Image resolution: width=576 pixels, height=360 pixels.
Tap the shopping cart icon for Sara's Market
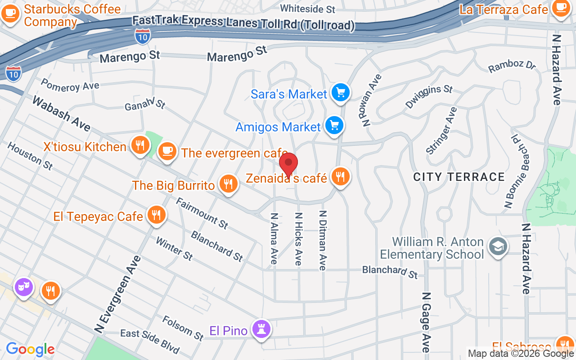click(x=340, y=93)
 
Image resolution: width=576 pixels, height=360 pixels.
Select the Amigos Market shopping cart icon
click(x=334, y=126)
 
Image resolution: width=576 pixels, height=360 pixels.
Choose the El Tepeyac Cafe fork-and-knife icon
click(x=156, y=215)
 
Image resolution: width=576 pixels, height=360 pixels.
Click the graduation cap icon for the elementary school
click(x=498, y=246)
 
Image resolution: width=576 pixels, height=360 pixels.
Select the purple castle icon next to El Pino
click(x=261, y=329)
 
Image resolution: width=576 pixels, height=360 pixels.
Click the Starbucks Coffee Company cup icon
click(x=10, y=13)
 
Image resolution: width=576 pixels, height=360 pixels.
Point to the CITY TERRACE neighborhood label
click(x=459, y=177)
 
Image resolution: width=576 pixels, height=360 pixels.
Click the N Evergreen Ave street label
click(x=118, y=295)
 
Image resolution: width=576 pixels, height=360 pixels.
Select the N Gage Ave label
click(x=426, y=322)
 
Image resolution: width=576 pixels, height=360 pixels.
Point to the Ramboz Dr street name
click(x=512, y=65)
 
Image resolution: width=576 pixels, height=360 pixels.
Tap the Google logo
click(x=30, y=349)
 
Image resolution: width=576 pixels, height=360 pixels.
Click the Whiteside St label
click(x=308, y=9)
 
